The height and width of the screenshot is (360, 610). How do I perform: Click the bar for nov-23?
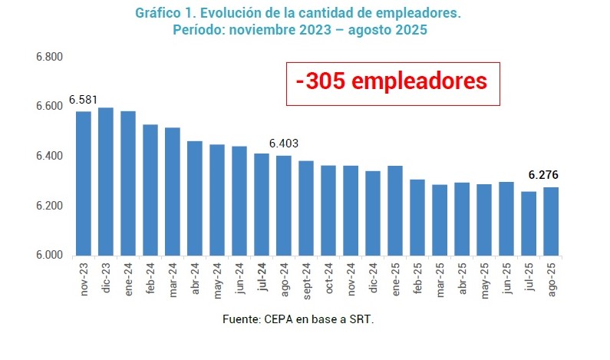point(84,183)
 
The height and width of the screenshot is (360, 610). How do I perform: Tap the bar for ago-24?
point(284,206)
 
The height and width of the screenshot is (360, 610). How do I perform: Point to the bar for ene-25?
point(395,210)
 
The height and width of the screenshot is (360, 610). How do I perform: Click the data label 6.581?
point(84,100)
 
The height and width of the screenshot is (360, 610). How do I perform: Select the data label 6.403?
point(283,144)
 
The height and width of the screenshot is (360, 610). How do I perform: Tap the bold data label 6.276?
point(543,175)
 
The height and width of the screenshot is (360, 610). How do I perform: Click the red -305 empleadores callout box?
point(392,83)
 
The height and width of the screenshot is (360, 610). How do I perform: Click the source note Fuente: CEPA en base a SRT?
point(298,318)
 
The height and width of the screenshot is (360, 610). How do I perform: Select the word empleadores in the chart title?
point(418,14)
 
